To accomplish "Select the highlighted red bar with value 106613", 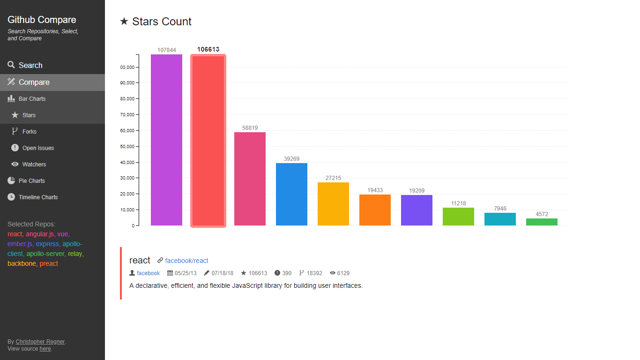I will tap(208, 141).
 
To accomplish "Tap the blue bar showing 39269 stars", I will tap(291, 194).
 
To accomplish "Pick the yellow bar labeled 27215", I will tap(333, 204).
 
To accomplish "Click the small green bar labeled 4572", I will tap(542, 222).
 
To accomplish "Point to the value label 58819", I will tap(250, 128).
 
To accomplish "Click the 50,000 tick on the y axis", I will tap(127, 146).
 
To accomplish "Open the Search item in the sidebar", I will tap(30, 66).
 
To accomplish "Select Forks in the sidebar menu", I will tap(30, 132).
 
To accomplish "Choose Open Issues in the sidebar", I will tap(38, 148).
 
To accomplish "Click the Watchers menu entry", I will tap(34, 165).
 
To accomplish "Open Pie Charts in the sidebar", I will tap(32, 181).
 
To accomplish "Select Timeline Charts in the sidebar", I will tap(38, 197).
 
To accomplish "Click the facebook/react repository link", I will tap(186, 261).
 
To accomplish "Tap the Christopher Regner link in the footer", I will tap(40, 342).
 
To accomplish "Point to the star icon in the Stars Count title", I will tap(124, 22).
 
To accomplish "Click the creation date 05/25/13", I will tap(186, 273).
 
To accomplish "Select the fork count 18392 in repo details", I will tap(315, 273).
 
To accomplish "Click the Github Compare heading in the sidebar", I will tap(42, 20).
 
